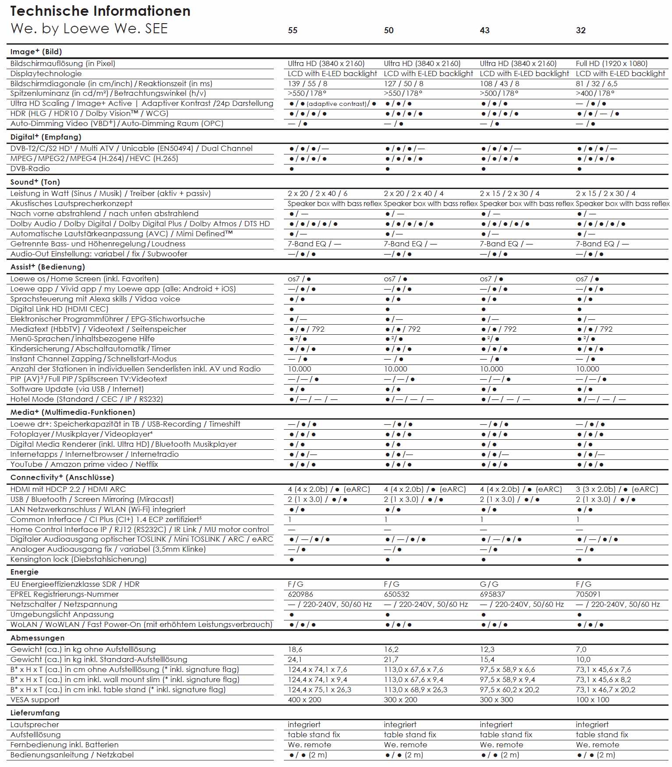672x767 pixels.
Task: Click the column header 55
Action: click(293, 30)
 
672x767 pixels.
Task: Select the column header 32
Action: click(580, 30)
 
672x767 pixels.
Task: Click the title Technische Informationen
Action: click(100, 11)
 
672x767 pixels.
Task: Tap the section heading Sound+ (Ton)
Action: click(35, 182)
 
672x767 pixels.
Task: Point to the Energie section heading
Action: click(25, 572)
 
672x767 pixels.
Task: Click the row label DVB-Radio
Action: click(30, 168)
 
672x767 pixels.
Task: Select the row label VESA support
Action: click(35, 700)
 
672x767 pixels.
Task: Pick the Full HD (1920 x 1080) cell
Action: click(612, 63)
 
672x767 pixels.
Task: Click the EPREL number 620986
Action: click(301, 594)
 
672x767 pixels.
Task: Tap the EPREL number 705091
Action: click(588, 594)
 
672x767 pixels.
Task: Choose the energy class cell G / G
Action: click(489, 584)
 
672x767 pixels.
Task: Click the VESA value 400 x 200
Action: click(304, 700)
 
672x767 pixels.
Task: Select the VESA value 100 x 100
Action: click(593, 700)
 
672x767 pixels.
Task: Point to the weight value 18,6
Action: click(295, 649)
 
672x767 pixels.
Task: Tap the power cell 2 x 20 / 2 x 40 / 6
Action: click(318, 193)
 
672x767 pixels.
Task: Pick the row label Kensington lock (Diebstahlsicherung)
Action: click(78, 559)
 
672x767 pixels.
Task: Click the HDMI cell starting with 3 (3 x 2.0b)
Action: click(617, 489)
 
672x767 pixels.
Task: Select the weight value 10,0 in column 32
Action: click(583, 659)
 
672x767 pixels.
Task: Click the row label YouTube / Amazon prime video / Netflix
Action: click(84, 464)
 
